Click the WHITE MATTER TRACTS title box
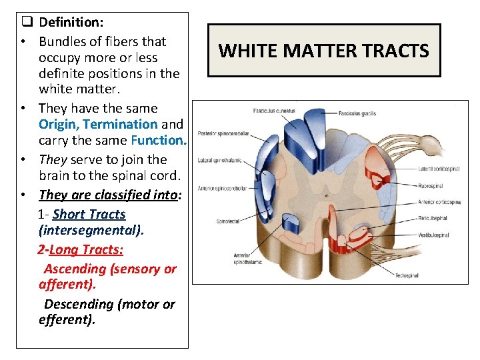coord(324,51)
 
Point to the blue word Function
coord(159,140)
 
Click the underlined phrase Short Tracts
coord(89,214)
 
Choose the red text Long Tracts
coord(86,249)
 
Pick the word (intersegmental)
coord(91,231)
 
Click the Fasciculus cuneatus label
coord(274,110)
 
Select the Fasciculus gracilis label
coord(356,113)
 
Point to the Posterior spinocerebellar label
coord(223,133)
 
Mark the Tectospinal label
coord(406,275)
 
